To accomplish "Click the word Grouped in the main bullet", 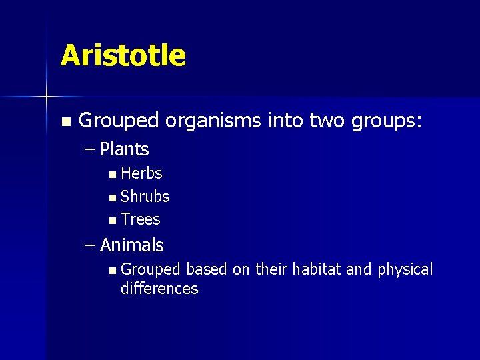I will (119, 121).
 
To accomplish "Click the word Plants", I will (125, 149).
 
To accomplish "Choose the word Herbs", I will (141, 173).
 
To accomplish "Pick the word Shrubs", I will (145, 197).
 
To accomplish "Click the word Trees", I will (141, 219).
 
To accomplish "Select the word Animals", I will (131, 245).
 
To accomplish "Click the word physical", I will (405, 269).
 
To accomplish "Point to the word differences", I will (159, 289).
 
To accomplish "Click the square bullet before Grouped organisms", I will (65, 122).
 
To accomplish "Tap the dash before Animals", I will (91, 245).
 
